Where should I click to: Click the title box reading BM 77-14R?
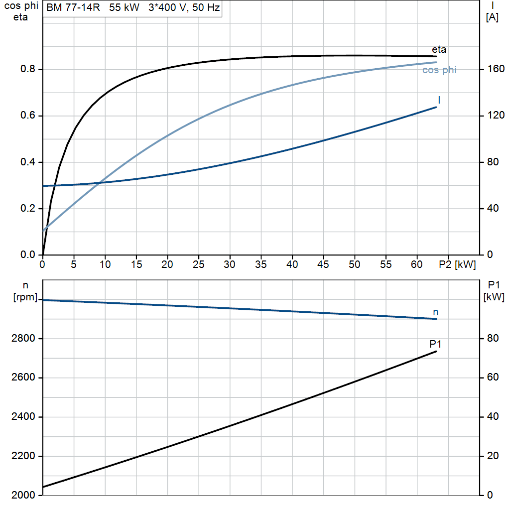coord(132,8)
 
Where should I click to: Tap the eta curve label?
coord(439,49)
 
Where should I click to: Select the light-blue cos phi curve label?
coord(439,70)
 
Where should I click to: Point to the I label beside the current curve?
coord(439,100)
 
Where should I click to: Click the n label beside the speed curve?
coord(435,312)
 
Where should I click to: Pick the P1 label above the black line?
coord(435,344)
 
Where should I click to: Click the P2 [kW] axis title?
coord(457,264)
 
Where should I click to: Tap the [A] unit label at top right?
coord(492,17)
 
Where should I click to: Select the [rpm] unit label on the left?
coord(25,297)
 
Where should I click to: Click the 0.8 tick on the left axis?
coord(28,69)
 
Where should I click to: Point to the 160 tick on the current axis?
coord(496,69)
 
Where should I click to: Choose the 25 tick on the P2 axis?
coord(198,264)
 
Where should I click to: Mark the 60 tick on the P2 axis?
coord(417,264)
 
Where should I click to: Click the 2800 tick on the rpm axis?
coord(23,338)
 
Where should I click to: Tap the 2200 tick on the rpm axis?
coord(23,456)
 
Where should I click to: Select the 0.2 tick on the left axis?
coord(28,208)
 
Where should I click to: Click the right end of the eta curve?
coord(436,57)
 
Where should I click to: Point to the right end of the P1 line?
coord(436,351)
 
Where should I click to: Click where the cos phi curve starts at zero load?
coord(43,231)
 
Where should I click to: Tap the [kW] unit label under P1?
coord(494,297)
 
